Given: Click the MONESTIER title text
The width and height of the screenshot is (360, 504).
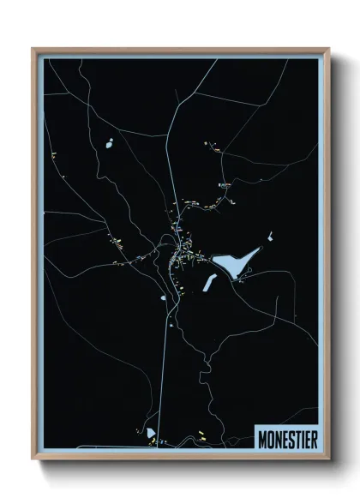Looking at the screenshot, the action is (x=286, y=437).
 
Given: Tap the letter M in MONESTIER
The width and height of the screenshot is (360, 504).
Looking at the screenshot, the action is (x=262, y=437).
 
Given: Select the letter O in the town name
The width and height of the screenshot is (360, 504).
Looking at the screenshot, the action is (x=269, y=437).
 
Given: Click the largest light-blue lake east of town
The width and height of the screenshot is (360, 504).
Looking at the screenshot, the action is (x=234, y=263).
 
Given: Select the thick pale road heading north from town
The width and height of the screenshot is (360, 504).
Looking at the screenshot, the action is (x=173, y=154).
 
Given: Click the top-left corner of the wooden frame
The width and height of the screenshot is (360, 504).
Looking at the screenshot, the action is (x=33, y=49).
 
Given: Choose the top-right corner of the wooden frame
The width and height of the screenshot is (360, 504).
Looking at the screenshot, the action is (x=327, y=49).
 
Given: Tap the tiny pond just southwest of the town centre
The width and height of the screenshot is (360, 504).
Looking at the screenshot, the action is (x=163, y=298).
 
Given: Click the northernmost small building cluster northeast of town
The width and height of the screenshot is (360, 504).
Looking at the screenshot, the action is (x=209, y=145).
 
